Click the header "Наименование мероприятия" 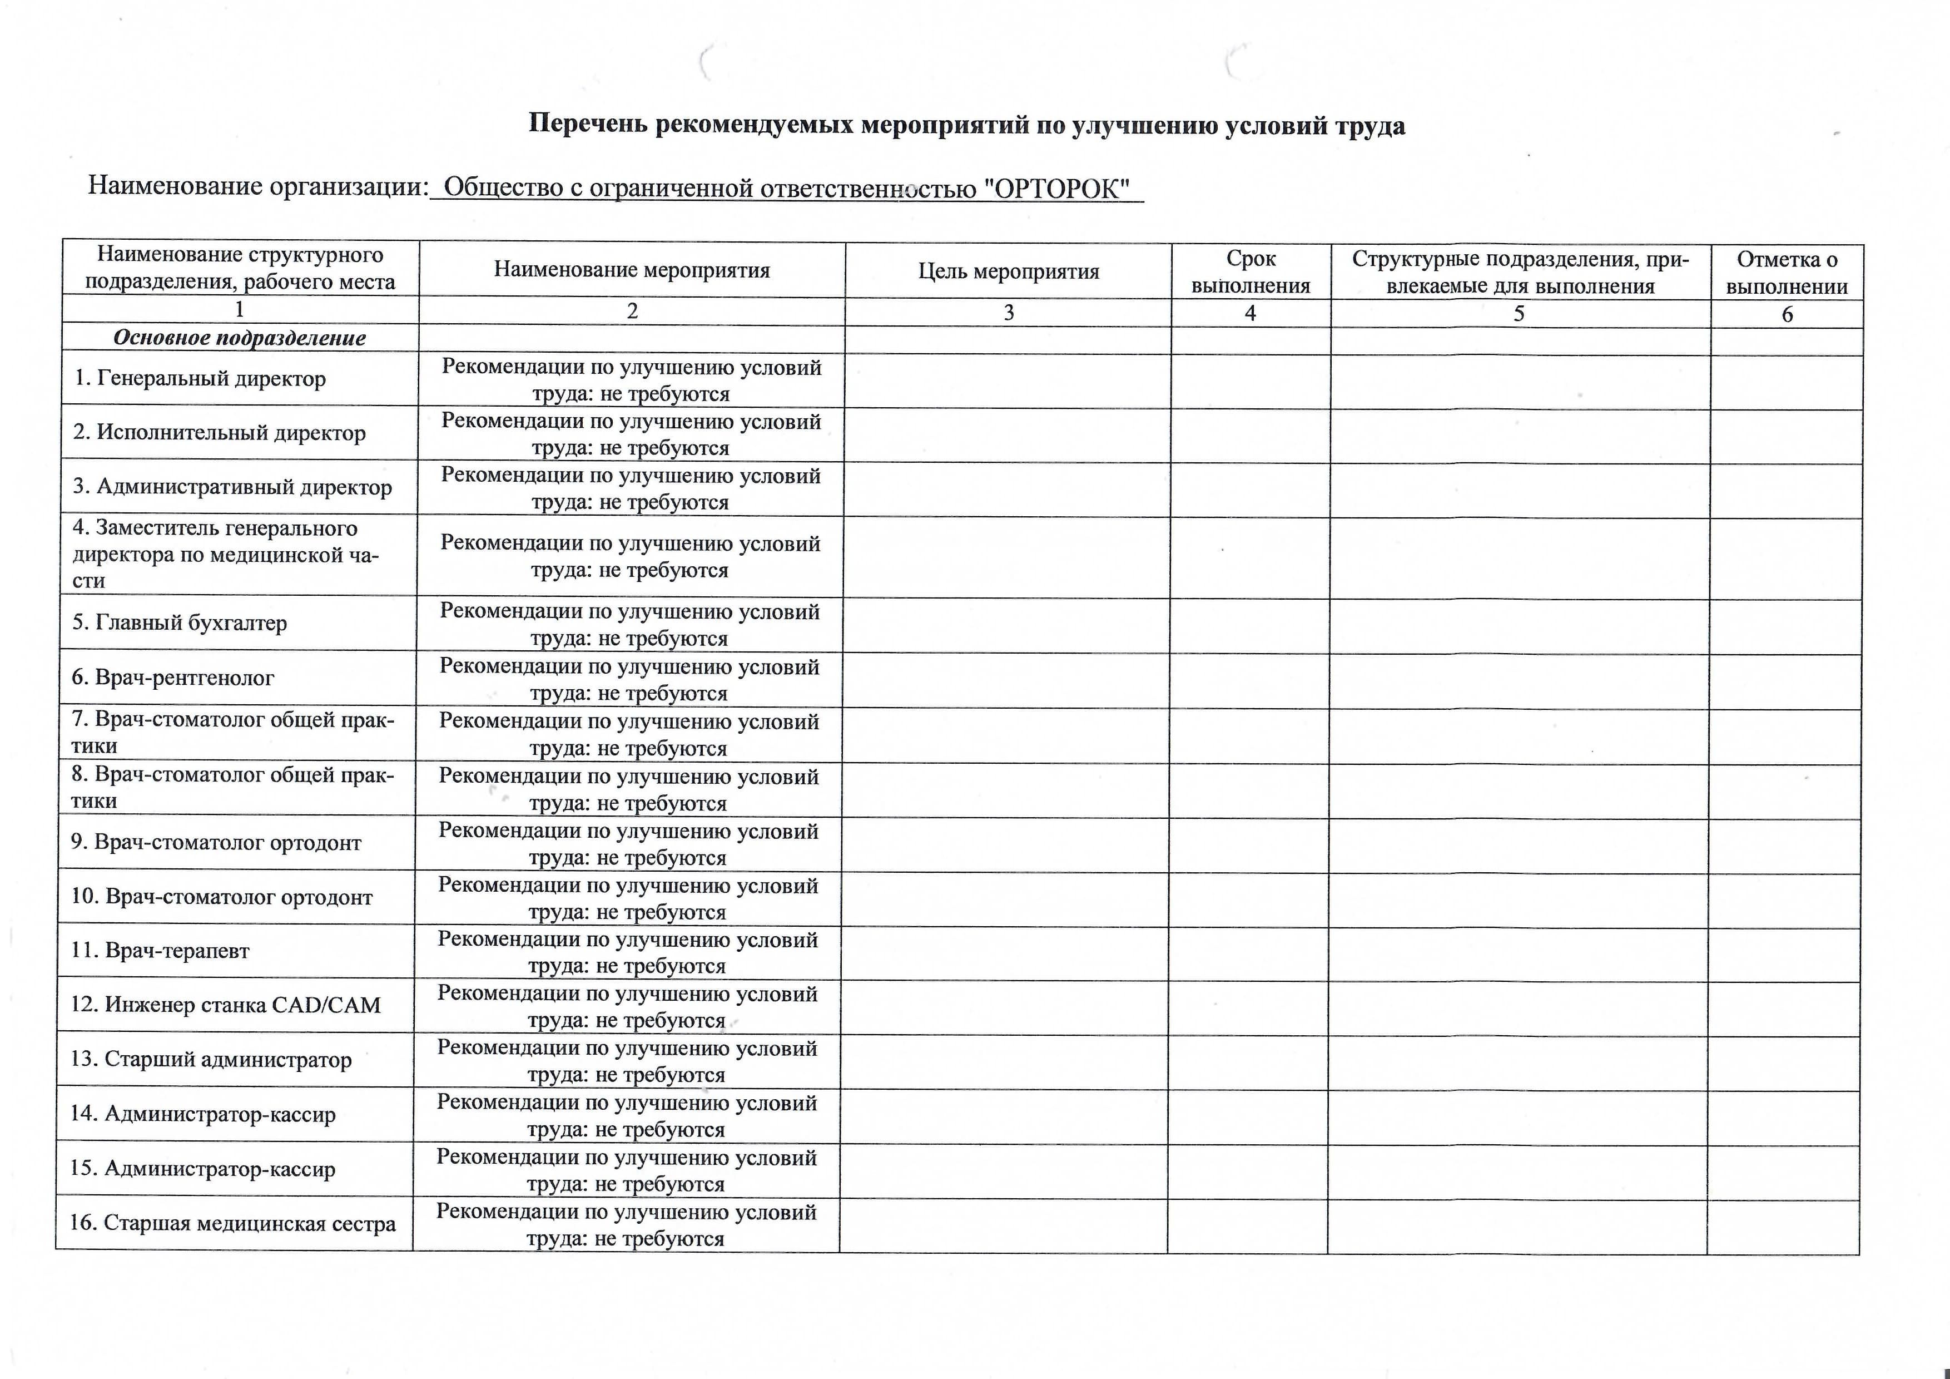pyautogui.click(x=632, y=270)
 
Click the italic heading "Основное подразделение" pyautogui.click(x=240, y=338)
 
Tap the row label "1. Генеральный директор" pyautogui.click(x=200, y=378)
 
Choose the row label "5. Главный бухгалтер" pyautogui.click(x=179, y=623)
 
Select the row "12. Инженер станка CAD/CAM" pyautogui.click(x=225, y=1005)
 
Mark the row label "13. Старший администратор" pyautogui.click(x=211, y=1060)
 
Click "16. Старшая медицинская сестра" pyautogui.click(x=233, y=1223)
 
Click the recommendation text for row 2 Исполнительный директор pyautogui.click(x=631, y=434)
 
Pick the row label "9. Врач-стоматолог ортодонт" pyautogui.click(x=216, y=843)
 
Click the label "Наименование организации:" pyautogui.click(x=258, y=185)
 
